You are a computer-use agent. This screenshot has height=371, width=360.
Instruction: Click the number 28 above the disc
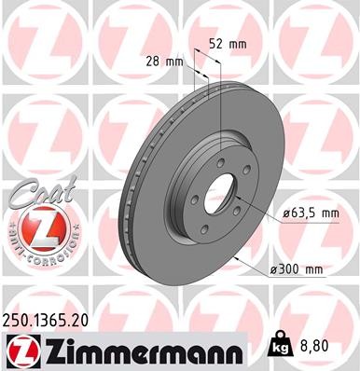[158, 62]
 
